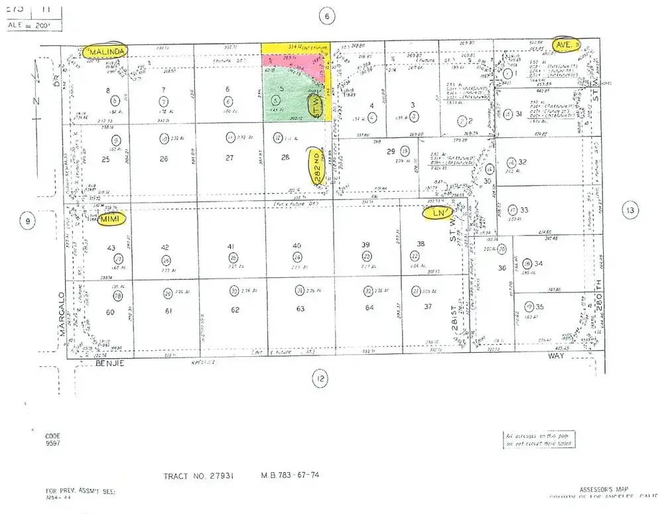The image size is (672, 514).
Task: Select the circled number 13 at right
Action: pos(630,211)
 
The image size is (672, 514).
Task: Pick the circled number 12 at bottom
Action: pos(320,379)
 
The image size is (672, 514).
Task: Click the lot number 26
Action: pos(164,159)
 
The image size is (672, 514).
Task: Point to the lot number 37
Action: pos(428,306)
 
